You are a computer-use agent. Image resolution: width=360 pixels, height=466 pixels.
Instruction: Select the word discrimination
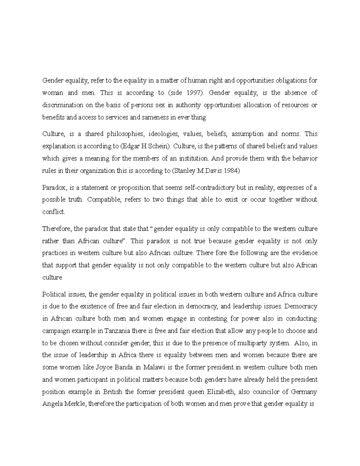pyautogui.click(x=59, y=105)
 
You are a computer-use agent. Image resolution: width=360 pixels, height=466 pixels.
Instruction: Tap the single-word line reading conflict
pyautogui.click(x=53, y=212)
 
